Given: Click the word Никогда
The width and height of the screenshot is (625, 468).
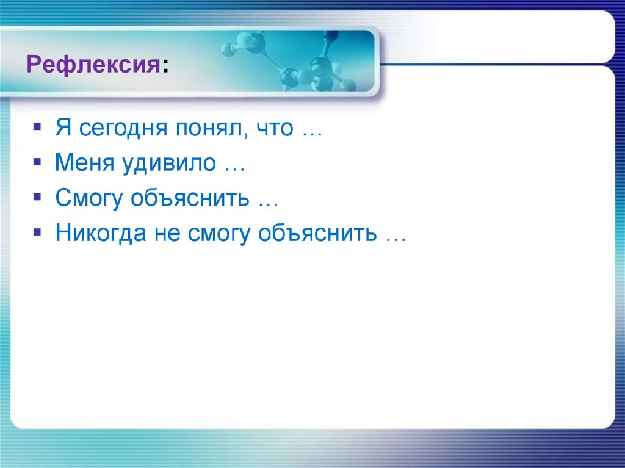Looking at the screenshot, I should point(98,234).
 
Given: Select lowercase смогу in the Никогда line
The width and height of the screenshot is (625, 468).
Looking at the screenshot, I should point(214,235).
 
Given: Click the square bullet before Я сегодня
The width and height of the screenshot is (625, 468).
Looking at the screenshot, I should point(37,129).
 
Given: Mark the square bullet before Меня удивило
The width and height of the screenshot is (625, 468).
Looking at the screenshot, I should point(37,164).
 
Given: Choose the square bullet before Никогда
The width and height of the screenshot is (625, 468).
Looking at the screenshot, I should point(37,234).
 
